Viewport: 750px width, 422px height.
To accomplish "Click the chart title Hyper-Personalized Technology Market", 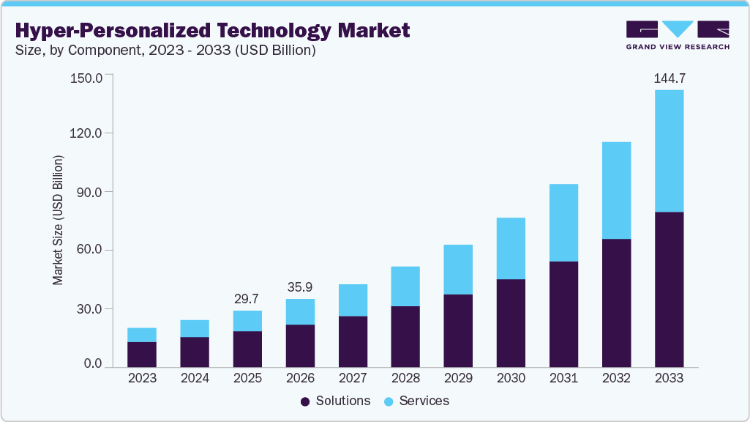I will [x=212, y=31].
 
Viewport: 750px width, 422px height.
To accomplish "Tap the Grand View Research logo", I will [x=677, y=35].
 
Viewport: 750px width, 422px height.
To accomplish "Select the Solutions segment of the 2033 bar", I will [x=669, y=289].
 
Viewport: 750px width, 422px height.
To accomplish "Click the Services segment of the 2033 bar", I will [x=669, y=151].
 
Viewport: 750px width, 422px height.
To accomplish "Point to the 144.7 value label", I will [x=669, y=78].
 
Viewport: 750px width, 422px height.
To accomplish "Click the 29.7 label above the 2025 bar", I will [x=247, y=298].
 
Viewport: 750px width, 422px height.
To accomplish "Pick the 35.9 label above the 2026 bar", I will [x=300, y=286].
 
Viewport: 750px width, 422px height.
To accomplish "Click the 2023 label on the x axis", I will [x=142, y=379].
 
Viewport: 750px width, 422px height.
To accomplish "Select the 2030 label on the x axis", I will [x=511, y=379].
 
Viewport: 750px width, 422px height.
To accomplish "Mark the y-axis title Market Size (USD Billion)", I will [x=59, y=220].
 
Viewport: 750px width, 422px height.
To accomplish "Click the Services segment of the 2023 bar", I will [x=142, y=335].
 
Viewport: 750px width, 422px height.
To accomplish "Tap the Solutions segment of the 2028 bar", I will [x=405, y=336].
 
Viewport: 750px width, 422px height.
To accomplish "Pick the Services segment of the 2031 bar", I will [x=563, y=223].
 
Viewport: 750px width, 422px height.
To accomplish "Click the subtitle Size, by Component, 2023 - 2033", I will [x=165, y=51].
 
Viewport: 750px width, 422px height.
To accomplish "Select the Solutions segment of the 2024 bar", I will [x=195, y=352].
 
